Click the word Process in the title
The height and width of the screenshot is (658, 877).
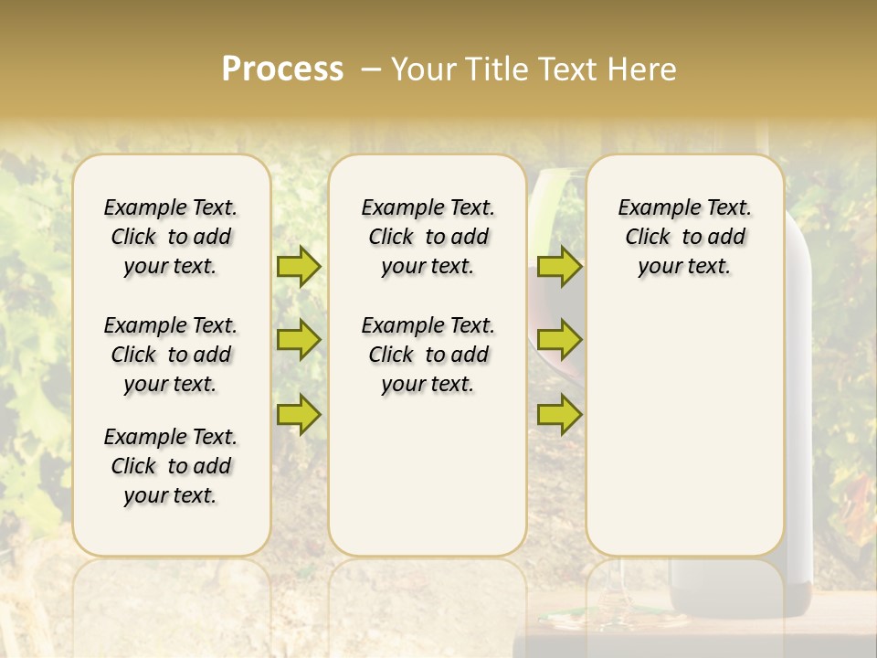(x=282, y=69)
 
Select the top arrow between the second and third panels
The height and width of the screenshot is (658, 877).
(x=559, y=267)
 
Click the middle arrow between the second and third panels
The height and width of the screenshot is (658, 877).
(x=559, y=340)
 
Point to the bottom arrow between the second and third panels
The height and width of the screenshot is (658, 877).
(x=559, y=415)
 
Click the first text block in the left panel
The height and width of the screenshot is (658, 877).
(x=171, y=237)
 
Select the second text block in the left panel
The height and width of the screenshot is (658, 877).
(x=171, y=355)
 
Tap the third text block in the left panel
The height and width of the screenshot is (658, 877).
(x=171, y=466)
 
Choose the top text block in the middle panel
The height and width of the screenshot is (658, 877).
(x=428, y=237)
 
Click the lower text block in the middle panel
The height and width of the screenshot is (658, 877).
(x=428, y=355)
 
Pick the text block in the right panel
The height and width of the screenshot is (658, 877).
(x=685, y=237)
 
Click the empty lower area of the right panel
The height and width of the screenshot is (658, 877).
(x=685, y=439)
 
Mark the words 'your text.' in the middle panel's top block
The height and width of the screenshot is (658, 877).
(x=428, y=267)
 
